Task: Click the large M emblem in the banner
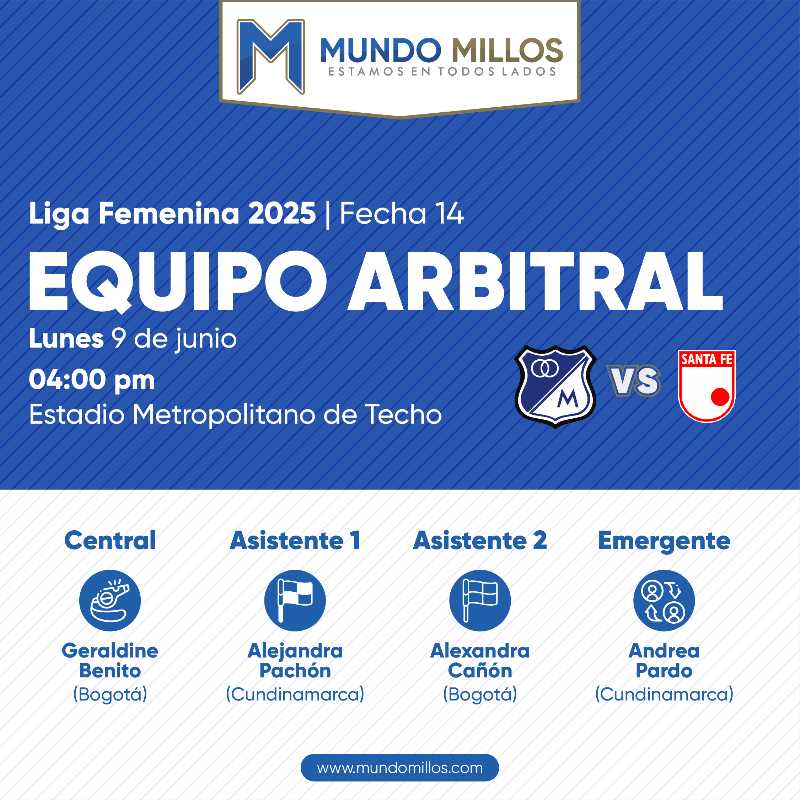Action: (270, 56)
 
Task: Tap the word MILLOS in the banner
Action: (507, 50)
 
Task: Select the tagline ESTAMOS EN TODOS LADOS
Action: (442, 72)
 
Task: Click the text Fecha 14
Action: (401, 214)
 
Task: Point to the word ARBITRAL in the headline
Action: (535, 281)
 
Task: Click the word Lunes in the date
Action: (66, 339)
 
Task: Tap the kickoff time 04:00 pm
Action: (92, 379)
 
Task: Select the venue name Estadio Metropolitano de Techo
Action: (235, 414)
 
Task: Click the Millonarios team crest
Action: (555, 386)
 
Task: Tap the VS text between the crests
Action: (634, 381)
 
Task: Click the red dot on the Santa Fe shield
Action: (720, 396)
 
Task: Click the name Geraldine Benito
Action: (110, 660)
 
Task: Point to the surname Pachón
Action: (295, 670)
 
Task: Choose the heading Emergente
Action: (664, 541)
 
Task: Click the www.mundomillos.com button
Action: (399, 768)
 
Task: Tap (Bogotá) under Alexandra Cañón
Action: (480, 694)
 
